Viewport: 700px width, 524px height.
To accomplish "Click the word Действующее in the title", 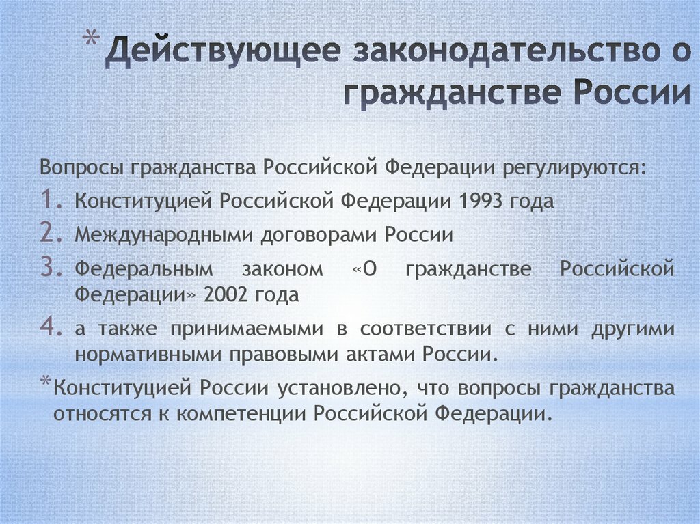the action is (x=224, y=52).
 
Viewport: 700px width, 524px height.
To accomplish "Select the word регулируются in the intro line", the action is (x=574, y=168).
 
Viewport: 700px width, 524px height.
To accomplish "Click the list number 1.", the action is (x=51, y=199).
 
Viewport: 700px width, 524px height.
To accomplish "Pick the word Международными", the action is (x=163, y=235).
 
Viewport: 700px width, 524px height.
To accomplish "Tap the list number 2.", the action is (x=51, y=233).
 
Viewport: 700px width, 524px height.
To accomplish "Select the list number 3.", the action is (x=51, y=267).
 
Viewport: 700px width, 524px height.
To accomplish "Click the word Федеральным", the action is (x=144, y=269).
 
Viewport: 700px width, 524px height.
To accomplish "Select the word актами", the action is (x=381, y=355).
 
